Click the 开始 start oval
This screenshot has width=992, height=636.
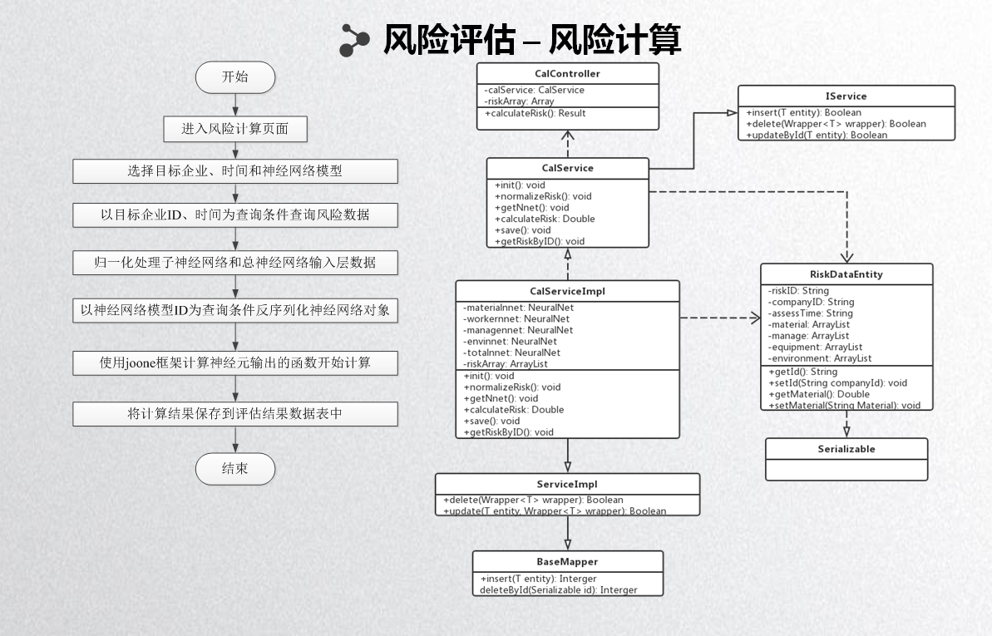tap(234, 77)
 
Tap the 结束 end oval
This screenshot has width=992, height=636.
tap(234, 468)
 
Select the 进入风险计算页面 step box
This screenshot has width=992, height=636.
tap(235, 129)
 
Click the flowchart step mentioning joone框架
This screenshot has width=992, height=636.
tap(235, 363)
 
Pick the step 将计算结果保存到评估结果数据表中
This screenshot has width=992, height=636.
tap(235, 413)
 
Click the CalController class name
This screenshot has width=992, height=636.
tap(567, 74)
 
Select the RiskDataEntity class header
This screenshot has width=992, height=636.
tap(846, 274)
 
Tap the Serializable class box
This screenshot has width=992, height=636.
tap(846, 449)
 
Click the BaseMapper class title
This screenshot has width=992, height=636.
tap(567, 562)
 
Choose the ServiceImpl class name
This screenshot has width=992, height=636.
tap(567, 484)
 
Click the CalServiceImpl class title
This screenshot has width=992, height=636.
tap(567, 291)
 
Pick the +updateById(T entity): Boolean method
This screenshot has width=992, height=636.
tap(817, 135)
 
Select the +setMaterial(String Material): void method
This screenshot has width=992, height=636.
tap(844, 405)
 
